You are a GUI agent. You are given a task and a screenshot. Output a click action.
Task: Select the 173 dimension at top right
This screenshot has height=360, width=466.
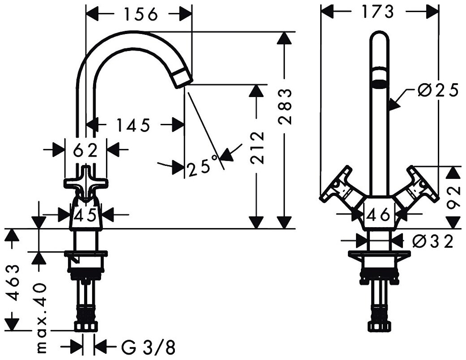[x=379, y=12]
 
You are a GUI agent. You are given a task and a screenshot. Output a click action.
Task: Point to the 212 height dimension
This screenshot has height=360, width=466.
[x=256, y=148]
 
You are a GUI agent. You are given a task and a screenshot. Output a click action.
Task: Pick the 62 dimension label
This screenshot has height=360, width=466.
[x=85, y=151]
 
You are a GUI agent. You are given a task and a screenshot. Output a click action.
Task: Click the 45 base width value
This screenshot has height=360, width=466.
[x=85, y=216]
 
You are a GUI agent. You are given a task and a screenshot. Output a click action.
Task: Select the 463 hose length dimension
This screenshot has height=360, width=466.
[x=15, y=283]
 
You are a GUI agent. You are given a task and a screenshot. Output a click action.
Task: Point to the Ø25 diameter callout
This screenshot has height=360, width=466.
[x=437, y=91]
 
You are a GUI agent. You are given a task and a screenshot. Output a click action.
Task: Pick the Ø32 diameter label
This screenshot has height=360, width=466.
[x=432, y=241]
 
